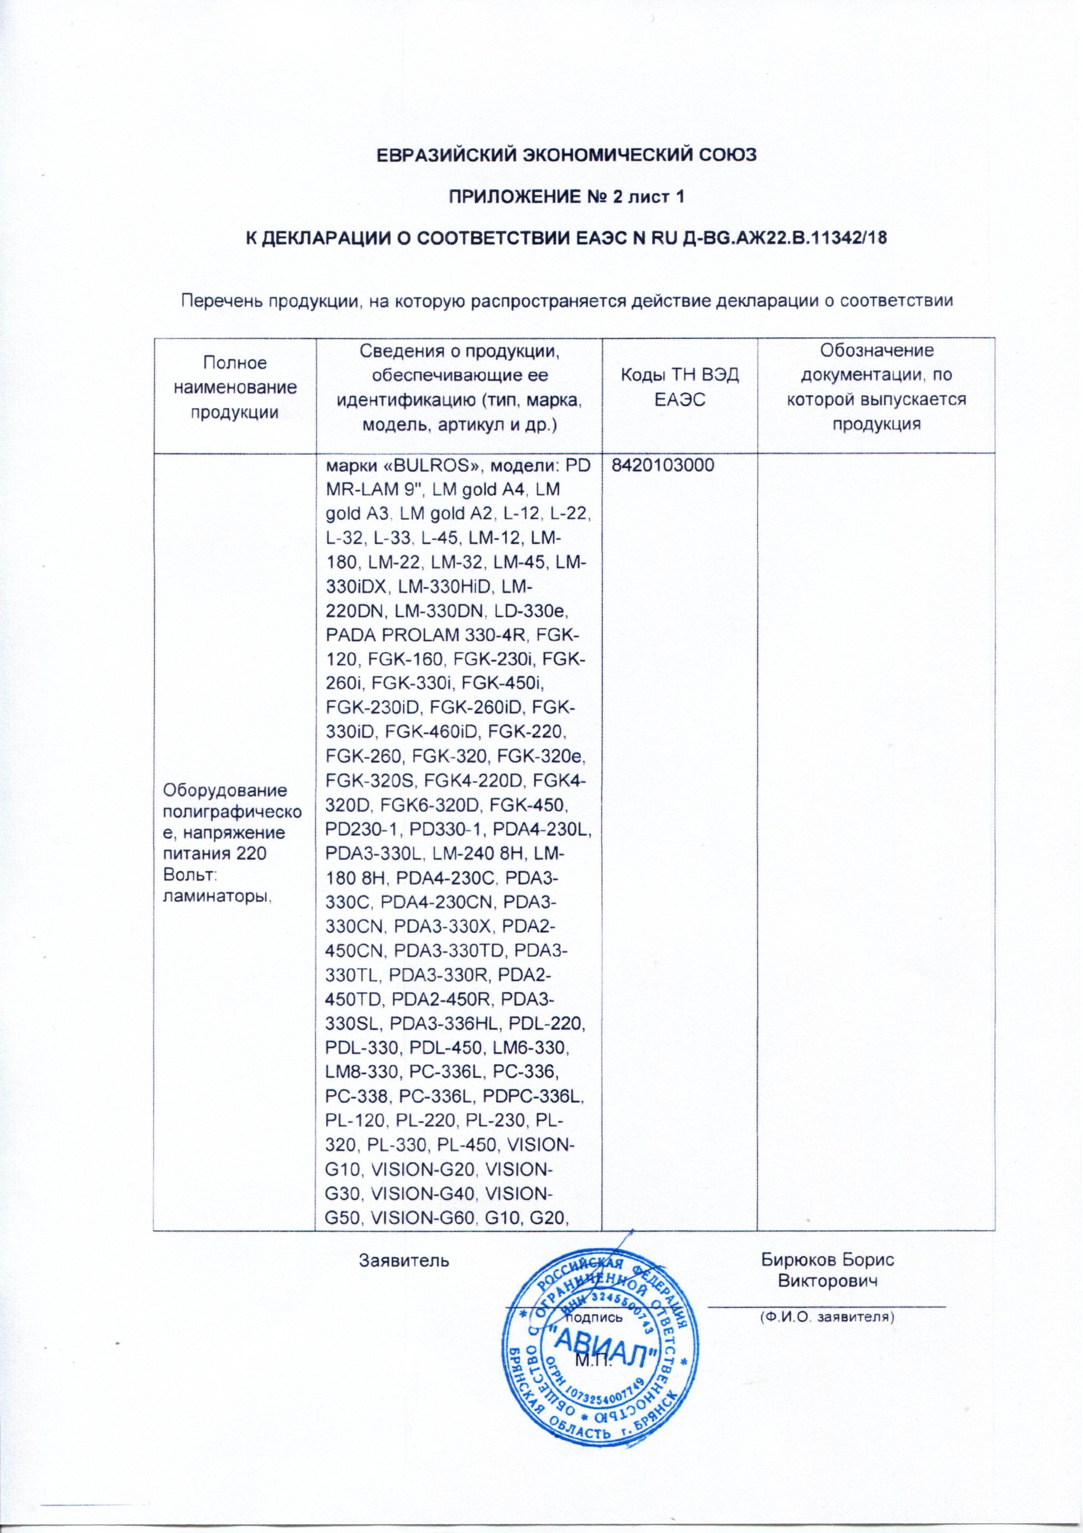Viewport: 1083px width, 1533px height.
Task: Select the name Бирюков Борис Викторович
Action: point(827,1271)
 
